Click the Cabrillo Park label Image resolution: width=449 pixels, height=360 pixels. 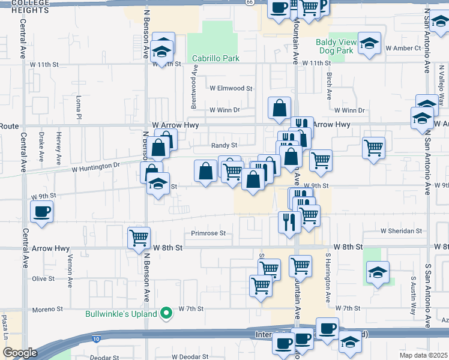click(x=215, y=58)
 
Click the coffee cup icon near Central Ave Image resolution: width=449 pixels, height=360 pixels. click(x=41, y=212)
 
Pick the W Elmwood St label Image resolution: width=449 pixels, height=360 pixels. click(x=231, y=88)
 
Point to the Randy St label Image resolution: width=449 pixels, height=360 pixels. click(x=224, y=145)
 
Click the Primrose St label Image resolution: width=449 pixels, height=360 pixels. click(x=208, y=233)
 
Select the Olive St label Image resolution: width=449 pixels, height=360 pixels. click(x=43, y=278)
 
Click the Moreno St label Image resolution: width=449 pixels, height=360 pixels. click(x=47, y=309)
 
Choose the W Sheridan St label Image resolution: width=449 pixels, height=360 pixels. click(x=402, y=231)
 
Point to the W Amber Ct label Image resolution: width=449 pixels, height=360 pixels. click(x=403, y=48)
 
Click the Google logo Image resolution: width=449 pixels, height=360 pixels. click(x=20, y=353)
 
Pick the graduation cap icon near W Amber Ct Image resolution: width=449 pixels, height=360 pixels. click(x=370, y=44)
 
